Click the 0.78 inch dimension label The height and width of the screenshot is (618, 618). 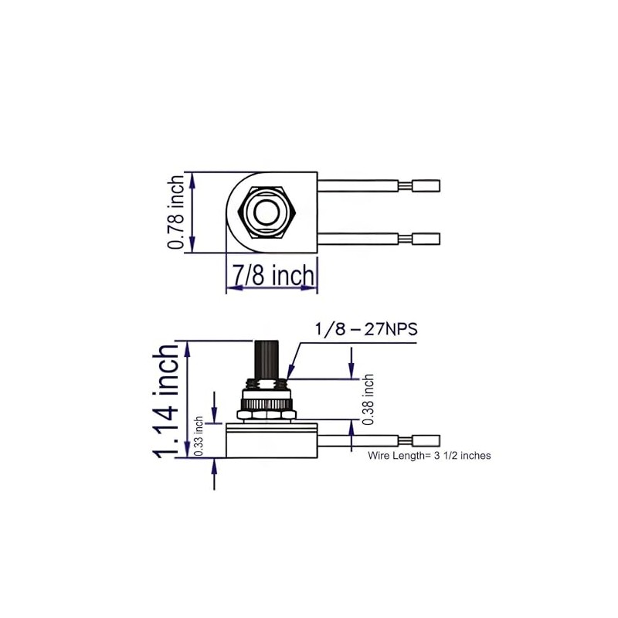pos(177,212)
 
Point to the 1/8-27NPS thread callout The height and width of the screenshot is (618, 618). pos(365,329)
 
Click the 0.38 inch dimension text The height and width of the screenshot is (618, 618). pos(368,399)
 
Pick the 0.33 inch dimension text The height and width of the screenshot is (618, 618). pos(199,437)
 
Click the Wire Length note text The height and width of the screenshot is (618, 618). pos(429,456)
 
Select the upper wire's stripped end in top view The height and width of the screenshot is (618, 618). pos(426,185)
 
